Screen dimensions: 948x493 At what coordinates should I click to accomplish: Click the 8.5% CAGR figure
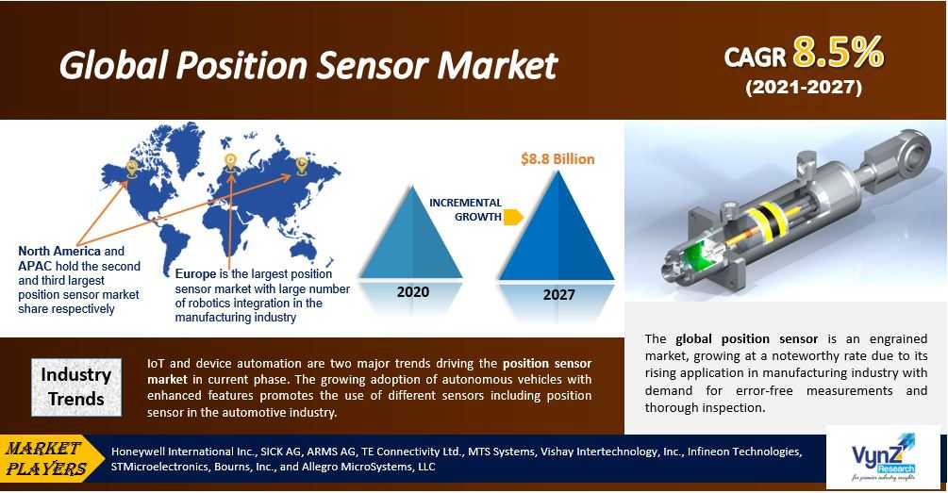838,53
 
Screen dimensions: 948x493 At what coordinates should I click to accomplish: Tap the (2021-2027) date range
804,88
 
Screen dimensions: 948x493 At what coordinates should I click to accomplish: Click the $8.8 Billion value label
557,159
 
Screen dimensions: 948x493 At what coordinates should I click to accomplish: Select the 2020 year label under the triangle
413,292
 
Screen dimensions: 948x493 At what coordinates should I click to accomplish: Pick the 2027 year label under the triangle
558,295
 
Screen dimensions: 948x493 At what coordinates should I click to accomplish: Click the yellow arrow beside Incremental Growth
514,217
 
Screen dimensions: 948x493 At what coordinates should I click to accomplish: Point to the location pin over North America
131,168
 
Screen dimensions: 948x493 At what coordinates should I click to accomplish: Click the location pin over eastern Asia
301,166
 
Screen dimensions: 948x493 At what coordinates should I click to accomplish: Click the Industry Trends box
76,387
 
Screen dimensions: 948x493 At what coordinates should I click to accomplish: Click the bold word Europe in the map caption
195,273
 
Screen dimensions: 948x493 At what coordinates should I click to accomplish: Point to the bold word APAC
35,266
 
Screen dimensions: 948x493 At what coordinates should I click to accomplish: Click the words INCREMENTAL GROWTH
466,209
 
